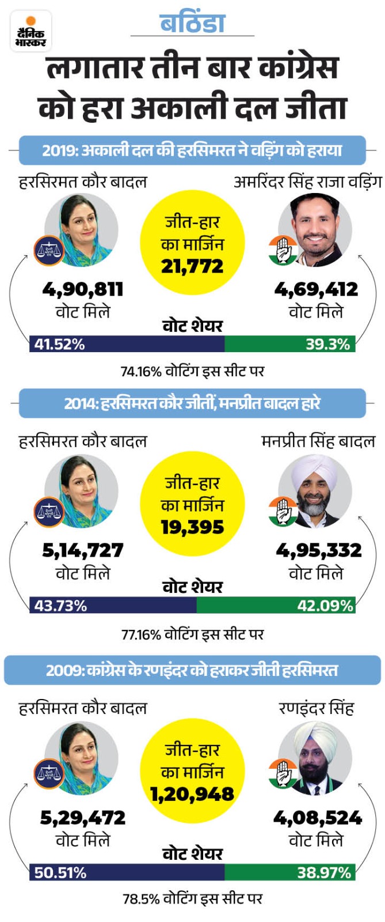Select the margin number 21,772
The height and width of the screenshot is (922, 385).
192,266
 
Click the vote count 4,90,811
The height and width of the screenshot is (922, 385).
83,289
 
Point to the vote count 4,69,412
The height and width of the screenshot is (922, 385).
316,289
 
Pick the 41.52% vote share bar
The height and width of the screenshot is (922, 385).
127,344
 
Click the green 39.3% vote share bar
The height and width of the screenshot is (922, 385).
289,344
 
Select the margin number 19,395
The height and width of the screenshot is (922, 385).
192,527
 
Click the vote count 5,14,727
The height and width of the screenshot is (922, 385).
83,550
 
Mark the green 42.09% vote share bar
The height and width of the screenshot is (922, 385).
276,606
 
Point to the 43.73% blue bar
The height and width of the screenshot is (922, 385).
113,606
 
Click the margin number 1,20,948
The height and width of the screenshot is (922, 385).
192,795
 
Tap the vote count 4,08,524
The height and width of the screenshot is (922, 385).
317,818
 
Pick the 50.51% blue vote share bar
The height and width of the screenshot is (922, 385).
127,872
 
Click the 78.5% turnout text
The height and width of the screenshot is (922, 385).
192,899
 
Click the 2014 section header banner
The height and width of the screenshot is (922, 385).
192,403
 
